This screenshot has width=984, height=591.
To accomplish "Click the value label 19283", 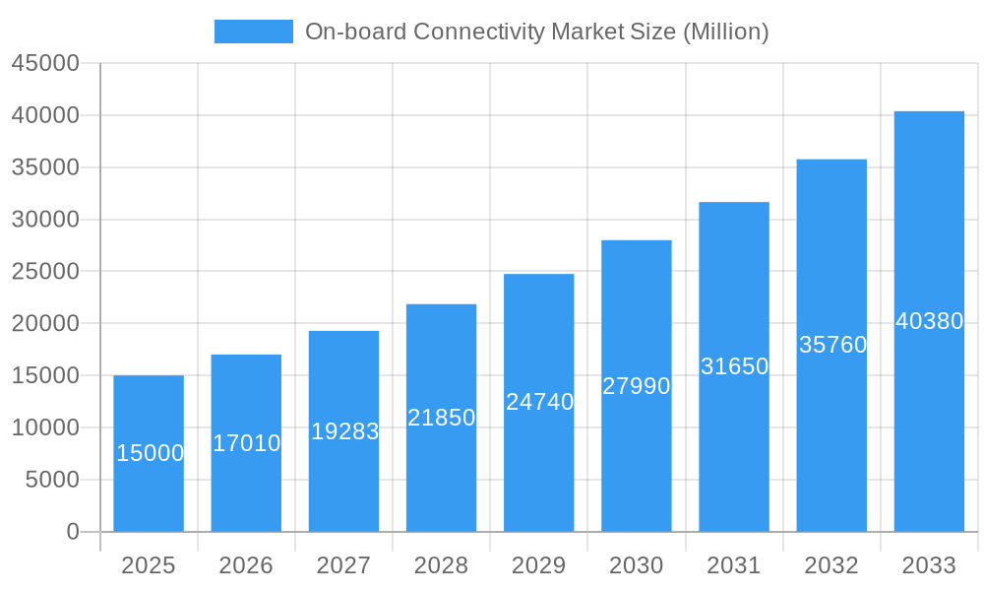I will click(344, 431).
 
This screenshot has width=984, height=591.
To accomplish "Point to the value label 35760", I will click(832, 345).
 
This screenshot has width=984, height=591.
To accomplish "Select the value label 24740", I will click(539, 402).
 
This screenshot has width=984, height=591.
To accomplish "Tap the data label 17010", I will click(247, 443).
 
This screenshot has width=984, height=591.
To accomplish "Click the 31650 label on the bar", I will click(734, 366).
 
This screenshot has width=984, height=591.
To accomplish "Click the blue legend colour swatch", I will click(254, 32).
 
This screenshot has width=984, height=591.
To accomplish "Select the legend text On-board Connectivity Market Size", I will click(536, 32).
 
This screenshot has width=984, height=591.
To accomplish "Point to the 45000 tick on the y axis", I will click(45, 63).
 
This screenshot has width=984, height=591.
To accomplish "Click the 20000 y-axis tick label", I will click(45, 323).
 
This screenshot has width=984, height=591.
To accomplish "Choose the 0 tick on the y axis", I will click(73, 532).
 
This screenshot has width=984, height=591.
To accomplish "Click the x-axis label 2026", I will click(246, 565).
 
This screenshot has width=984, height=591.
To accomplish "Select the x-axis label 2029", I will click(539, 565).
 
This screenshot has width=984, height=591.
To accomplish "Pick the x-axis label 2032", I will click(831, 565).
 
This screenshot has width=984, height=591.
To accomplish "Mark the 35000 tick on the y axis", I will click(45, 167).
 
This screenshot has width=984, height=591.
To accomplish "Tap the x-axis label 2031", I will click(734, 565).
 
